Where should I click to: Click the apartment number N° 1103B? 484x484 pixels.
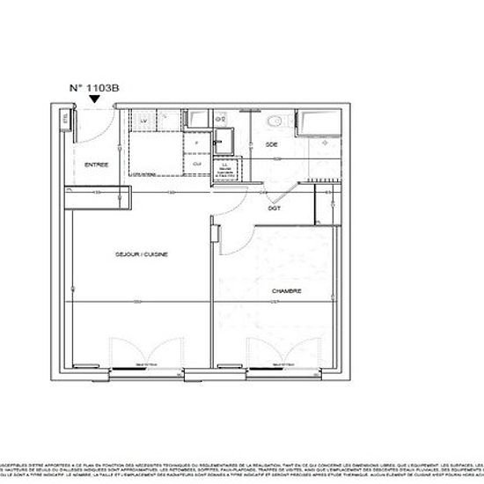click(95, 88)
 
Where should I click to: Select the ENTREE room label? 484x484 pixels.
click(97, 165)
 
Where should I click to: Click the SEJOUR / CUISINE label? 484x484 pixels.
click(141, 254)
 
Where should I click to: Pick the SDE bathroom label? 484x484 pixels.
click(272, 143)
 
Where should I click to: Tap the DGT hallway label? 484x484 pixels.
click(274, 209)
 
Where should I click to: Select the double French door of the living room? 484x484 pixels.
click(132, 352)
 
